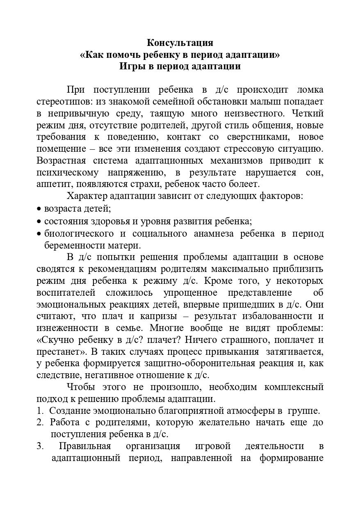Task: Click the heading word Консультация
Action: pos(180,43)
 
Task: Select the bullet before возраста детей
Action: pos(39,209)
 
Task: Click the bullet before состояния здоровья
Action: pos(39,222)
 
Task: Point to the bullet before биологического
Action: pos(39,234)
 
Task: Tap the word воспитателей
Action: pos(66,293)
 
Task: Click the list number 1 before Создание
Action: pos(39,411)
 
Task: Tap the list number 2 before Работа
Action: pos(40,422)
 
